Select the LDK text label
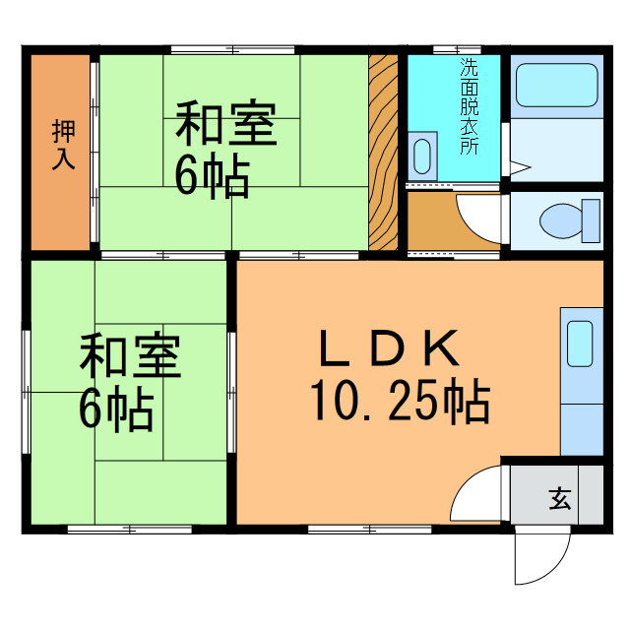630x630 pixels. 389,349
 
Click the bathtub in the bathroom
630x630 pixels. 556,86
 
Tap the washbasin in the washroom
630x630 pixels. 422,156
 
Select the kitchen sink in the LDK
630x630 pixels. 580,344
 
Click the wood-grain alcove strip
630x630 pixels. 383,153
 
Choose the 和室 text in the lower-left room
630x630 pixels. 130,356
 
